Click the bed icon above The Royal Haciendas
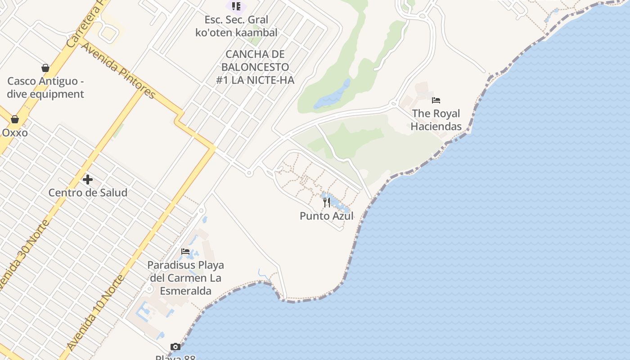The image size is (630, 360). point(436,100)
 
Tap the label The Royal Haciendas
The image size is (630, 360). point(436,120)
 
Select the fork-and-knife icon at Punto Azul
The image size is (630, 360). point(327,202)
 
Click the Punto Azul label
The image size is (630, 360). point(327,216)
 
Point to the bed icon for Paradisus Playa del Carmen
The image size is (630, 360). point(185,252)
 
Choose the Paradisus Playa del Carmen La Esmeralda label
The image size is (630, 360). point(185,278)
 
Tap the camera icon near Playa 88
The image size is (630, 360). point(175,346)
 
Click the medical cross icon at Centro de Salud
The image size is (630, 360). point(88,180)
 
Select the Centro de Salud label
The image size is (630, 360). point(88,193)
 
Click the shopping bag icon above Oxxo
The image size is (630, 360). point(15,119)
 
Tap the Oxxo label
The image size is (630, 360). point(15,133)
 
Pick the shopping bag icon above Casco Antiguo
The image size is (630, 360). point(45,68)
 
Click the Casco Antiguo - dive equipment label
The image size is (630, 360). point(45,88)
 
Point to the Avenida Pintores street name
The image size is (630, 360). point(118,71)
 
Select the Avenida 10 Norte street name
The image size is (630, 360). point(95,313)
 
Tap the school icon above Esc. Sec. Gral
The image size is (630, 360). point(236,6)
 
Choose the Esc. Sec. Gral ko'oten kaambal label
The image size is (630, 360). point(236,26)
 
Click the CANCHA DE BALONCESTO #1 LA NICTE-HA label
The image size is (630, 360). point(255,67)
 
